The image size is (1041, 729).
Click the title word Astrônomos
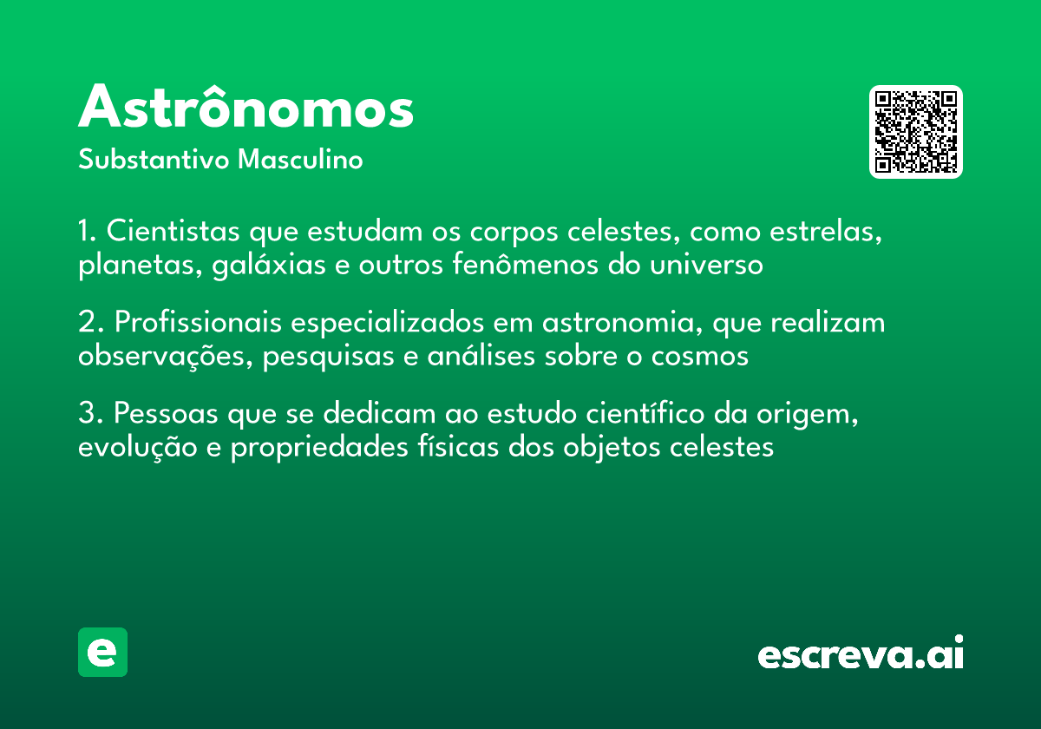click(x=246, y=108)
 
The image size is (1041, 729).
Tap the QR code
click(x=916, y=132)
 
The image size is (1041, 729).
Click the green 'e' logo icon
click(x=102, y=652)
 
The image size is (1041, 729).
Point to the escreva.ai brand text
click(x=861, y=654)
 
